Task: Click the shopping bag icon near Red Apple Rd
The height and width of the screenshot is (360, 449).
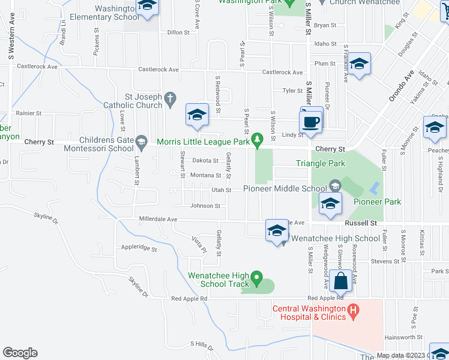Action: [340, 281]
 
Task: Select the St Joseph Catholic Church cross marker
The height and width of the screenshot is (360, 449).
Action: [170, 98]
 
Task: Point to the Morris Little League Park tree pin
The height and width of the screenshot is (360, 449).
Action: [258, 140]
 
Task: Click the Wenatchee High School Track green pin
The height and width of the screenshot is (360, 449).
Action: [257, 277]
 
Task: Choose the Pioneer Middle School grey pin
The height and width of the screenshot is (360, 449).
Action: [335, 185]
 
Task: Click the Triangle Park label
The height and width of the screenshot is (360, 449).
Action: [321, 163]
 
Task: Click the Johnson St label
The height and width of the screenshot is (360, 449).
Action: [205, 206]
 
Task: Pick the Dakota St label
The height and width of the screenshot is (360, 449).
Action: [205, 160]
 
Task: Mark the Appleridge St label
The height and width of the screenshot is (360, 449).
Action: [139, 247]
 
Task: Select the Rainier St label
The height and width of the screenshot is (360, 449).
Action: [28, 113]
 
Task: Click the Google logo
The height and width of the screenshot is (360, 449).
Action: [20, 352]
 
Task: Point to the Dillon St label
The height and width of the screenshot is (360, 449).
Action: [178, 32]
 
